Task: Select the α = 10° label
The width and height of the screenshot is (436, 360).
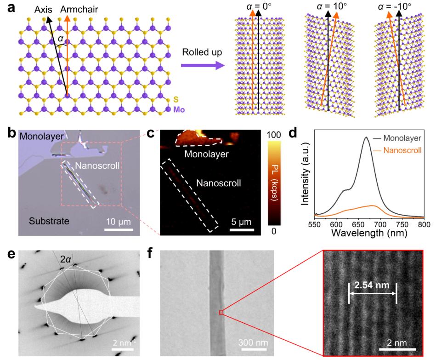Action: pyautogui.click(x=326, y=8)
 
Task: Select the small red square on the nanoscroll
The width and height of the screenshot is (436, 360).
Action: pyautogui.click(x=221, y=313)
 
